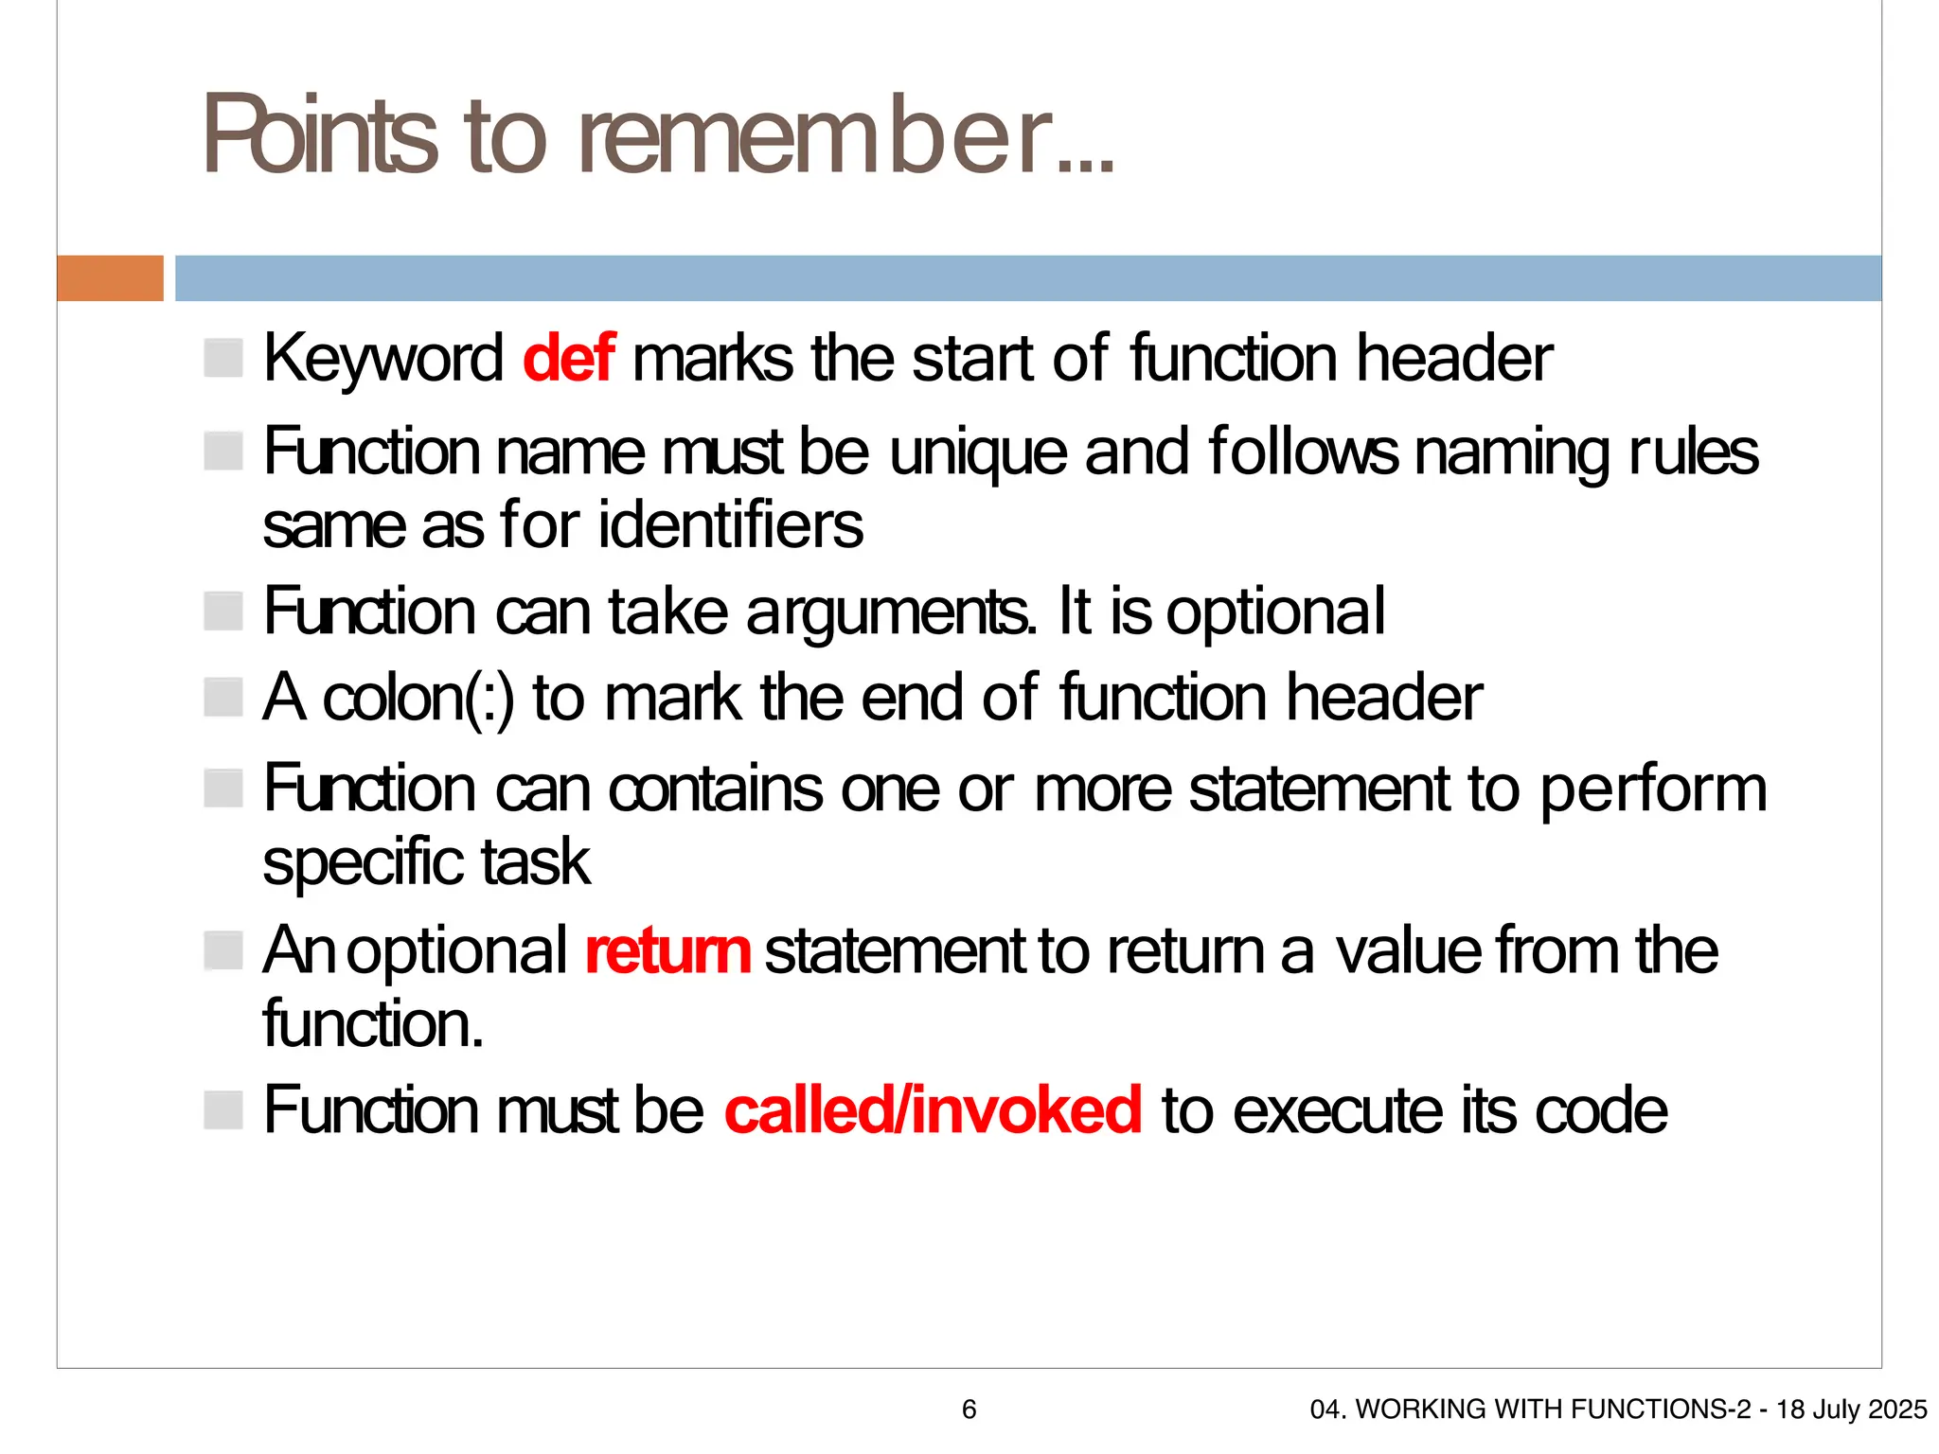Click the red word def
(x=569, y=359)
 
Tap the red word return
(x=667, y=951)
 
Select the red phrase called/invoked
(x=933, y=1110)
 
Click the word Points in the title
(x=319, y=135)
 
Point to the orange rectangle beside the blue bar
(x=110, y=278)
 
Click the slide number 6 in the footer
(x=969, y=1410)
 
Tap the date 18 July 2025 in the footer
(x=1851, y=1410)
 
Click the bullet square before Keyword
(x=223, y=358)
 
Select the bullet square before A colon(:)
(x=223, y=698)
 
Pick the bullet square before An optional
(x=223, y=950)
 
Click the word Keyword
(x=382, y=359)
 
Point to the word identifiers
(x=731, y=525)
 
